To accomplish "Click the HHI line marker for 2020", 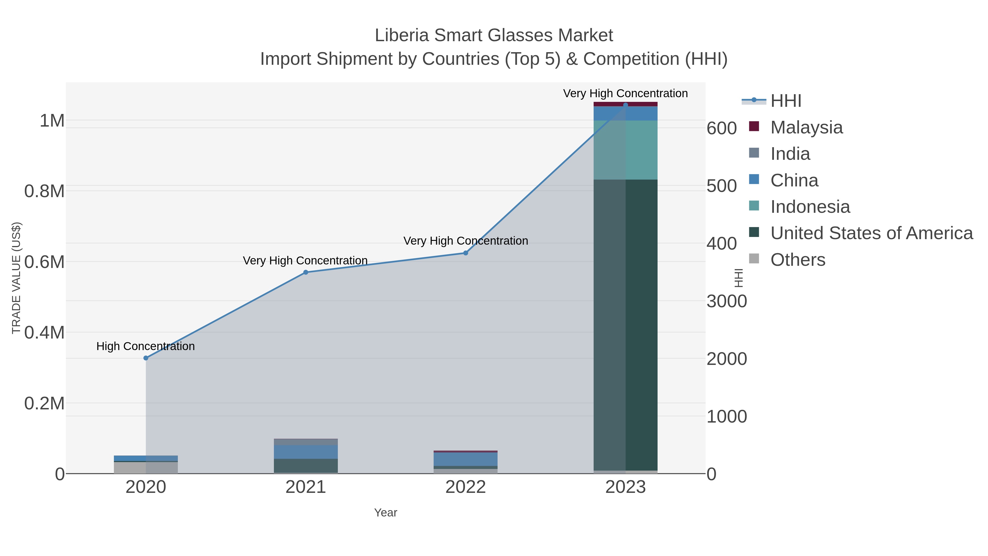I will point(146,358).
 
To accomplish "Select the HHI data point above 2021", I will point(306,272).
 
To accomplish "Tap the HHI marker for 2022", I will point(466,253).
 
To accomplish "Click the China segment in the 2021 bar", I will point(306,452).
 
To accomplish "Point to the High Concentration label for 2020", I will point(145,346).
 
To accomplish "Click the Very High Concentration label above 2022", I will point(466,241).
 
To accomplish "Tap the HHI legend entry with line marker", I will point(785,101).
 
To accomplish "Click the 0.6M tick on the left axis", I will point(44,262).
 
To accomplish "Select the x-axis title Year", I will point(386,513).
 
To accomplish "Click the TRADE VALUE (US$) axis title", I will point(16,278).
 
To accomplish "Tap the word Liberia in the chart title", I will point(401,35).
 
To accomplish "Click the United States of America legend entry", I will point(871,233).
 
